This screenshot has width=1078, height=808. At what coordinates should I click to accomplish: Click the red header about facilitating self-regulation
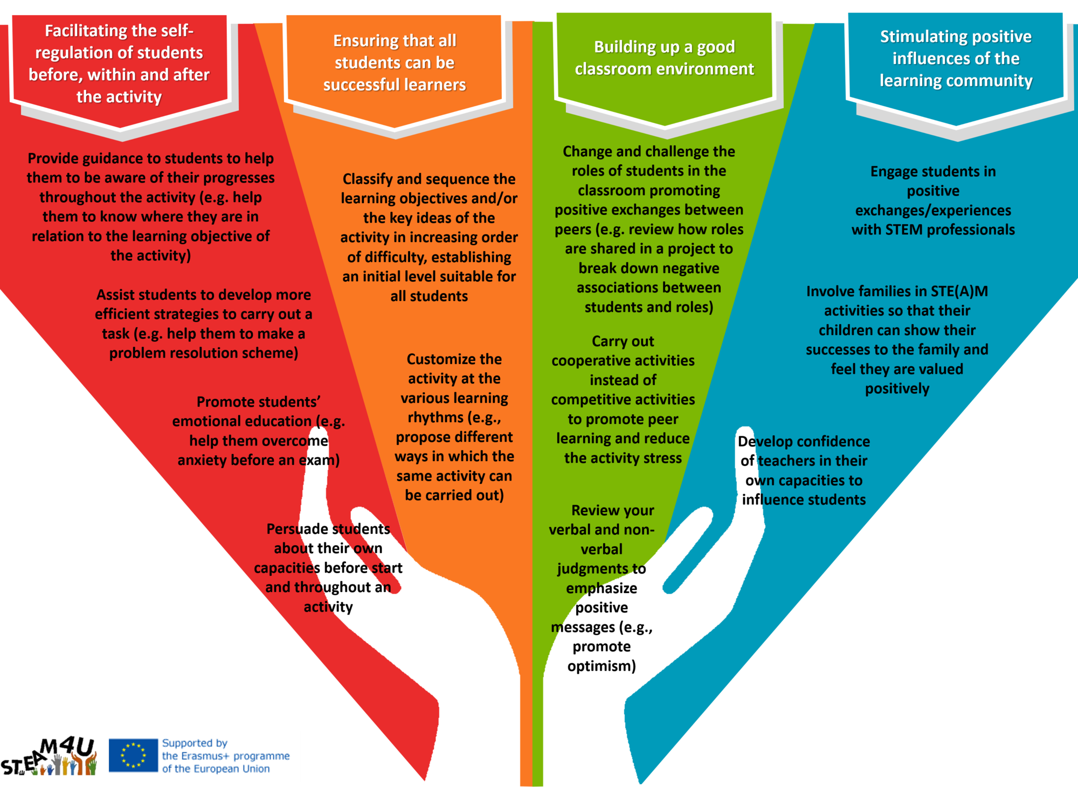(119, 64)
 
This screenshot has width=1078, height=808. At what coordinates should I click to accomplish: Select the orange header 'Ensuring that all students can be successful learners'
(395, 62)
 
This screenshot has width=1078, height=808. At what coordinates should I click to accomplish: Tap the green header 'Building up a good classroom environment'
(664, 58)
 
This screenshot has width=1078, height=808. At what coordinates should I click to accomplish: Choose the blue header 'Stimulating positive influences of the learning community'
(956, 58)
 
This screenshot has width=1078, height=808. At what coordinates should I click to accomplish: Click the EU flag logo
(133, 755)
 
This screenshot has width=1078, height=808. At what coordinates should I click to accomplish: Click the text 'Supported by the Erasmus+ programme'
(225, 756)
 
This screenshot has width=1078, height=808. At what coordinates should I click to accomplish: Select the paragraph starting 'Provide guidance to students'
(150, 206)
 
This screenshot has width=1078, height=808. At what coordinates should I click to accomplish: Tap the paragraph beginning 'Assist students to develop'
(203, 323)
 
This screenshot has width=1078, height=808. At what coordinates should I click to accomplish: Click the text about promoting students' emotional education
(258, 430)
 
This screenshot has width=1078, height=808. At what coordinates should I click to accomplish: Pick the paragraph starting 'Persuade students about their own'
(328, 567)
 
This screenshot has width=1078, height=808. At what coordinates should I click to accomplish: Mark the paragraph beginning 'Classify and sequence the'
(429, 237)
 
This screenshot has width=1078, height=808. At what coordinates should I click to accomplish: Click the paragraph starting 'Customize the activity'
(454, 427)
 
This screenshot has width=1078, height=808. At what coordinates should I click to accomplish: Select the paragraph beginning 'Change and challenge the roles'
(648, 229)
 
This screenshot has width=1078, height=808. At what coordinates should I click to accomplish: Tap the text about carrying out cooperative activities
(623, 399)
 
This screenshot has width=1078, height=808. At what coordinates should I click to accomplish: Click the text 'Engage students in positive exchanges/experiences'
(933, 200)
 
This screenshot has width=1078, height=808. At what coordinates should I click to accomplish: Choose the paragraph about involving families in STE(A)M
(897, 339)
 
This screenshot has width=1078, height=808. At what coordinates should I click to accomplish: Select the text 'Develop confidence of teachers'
(804, 470)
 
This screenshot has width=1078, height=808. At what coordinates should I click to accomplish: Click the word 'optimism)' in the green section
(602, 666)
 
